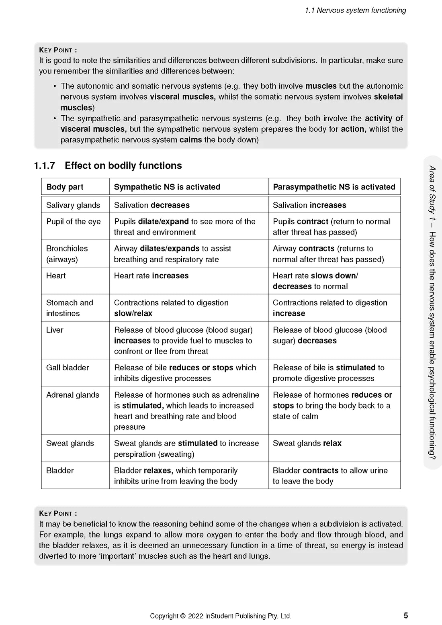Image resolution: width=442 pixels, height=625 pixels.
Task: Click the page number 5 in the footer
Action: [405, 615]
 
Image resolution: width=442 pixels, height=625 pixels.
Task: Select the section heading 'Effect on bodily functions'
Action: [123, 165]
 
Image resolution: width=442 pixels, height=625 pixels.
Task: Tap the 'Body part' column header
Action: [65, 187]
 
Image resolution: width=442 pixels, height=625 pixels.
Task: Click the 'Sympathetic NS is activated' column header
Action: [167, 187]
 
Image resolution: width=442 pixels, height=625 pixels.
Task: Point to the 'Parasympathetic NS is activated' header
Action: [334, 187]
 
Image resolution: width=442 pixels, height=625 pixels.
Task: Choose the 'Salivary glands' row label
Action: [73, 205]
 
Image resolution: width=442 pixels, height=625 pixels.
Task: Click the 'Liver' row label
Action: [55, 330]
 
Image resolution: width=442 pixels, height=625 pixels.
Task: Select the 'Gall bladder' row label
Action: [68, 368]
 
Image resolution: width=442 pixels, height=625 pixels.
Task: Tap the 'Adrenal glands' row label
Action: [73, 395]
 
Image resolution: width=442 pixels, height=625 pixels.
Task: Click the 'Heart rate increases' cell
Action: [151, 276]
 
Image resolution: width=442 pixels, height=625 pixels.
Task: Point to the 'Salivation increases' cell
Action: [309, 205]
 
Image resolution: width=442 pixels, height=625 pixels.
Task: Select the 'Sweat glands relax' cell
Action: [307, 443]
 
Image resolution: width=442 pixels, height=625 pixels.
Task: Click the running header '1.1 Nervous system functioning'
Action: [355, 10]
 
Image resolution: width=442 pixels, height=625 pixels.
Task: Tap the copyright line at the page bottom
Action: [221, 616]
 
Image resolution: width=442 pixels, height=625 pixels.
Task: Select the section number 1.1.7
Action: [45, 165]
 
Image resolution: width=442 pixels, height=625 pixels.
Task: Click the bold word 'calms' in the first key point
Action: [190, 140]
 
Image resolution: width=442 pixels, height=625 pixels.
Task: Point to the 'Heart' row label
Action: [56, 276]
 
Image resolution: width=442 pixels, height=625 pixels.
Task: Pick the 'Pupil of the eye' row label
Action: [74, 221]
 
